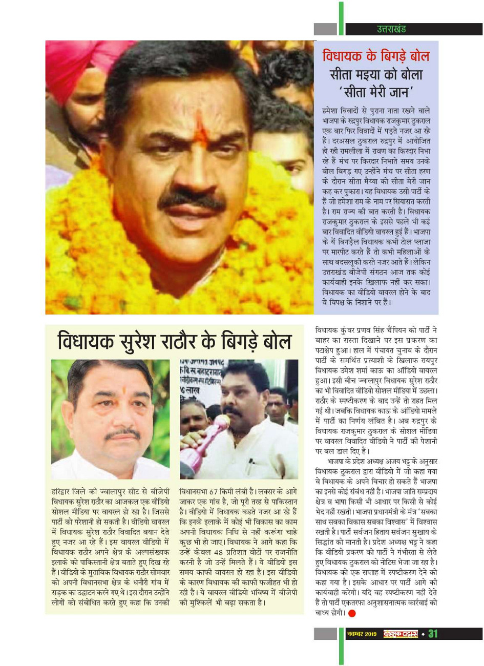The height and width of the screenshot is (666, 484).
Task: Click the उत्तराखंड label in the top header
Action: tap(391, 29)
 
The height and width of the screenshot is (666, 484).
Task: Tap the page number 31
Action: tap(433, 634)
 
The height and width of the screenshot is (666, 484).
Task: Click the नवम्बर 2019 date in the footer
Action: tap(362, 634)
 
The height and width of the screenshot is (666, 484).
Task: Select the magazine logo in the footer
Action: tap(401, 634)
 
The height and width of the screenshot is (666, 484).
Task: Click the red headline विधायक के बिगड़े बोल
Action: tap(376, 56)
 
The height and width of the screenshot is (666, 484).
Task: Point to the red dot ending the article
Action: tap(351, 613)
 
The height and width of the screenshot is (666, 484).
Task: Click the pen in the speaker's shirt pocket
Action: tap(249, 466)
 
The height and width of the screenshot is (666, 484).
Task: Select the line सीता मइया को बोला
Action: tap(376, 75)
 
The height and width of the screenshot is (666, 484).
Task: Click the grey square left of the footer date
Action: tap(326, 634)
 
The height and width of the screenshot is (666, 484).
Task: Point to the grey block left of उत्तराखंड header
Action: tap(326, 29)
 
